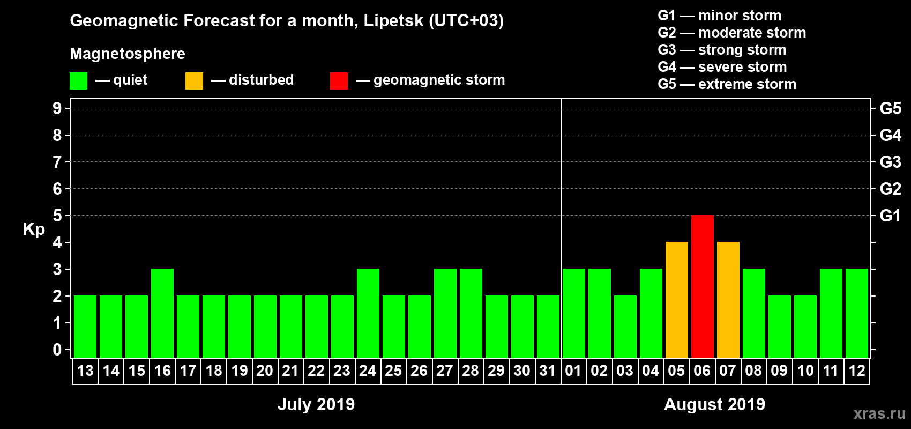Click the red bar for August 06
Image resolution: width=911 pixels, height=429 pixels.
click(x=703, y=286)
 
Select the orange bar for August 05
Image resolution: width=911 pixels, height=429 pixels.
click(x=677, y=300)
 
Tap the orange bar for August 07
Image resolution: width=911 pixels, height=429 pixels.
click(x=728, y=300)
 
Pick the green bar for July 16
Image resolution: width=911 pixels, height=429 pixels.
click(x=162, y=313)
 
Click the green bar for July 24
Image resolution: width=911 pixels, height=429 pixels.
click(x=368, y=313)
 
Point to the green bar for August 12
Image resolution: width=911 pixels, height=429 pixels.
click(x=857, y=313)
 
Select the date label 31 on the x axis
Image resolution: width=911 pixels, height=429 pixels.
click(x=548, y=371)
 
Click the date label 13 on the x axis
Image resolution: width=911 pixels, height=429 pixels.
click(x=85, y=371)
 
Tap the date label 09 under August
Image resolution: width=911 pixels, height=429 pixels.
click(x=779, y=371)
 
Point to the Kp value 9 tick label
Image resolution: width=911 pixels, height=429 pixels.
click(x=57, y=108)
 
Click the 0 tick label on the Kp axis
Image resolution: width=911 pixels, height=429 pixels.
click(x=57, y=350)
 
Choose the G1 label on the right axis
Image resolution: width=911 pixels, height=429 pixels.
click(x=890, y=216)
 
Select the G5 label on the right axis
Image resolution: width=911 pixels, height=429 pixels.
click(x=890, y=108)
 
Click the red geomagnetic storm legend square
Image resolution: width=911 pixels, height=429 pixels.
click(x=339, y=81)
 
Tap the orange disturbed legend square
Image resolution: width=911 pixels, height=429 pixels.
click(x=194, y=81)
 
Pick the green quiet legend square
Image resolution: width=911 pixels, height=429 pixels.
click(x=79, y=81)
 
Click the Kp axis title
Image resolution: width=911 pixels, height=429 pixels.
click(x=34, y=229)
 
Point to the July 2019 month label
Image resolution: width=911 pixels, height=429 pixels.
click(x=316, y=404)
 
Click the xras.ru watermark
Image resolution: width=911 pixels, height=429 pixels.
click(x=879, y=413)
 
